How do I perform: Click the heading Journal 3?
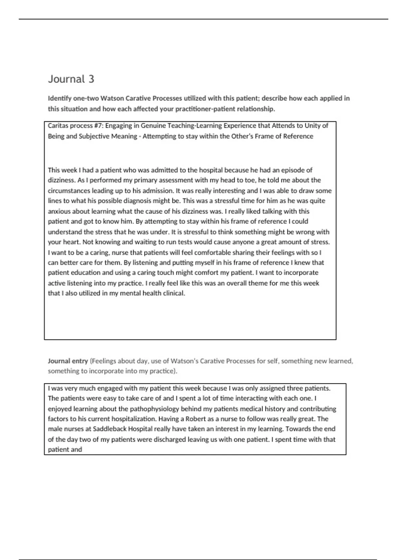coord(71,79)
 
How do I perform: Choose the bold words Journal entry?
coord(68,361)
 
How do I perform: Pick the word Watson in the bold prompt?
coord(112,98)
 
